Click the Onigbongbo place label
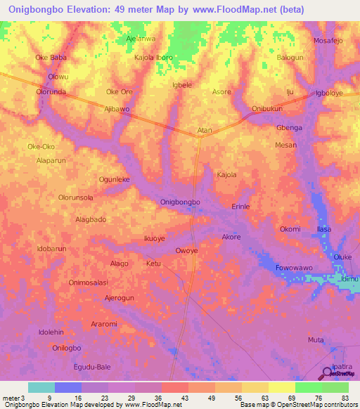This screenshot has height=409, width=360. coord(181,202)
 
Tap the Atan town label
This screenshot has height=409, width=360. coord(205,131)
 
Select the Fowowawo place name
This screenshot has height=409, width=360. coord(294,268)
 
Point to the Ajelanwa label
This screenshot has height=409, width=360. coord(140,39)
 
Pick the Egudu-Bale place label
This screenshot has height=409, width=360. coord(92,367)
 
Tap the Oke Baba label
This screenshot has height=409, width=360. coord(51,58)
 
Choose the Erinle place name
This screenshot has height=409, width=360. coord(241,207)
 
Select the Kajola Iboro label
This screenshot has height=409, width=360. coord(153,58)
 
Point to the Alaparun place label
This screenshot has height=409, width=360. coord(51,160)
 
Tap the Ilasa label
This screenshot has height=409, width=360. coord(324,229)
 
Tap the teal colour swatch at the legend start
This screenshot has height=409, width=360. coord(41,387)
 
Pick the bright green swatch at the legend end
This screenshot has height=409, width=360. coord(335,387)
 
